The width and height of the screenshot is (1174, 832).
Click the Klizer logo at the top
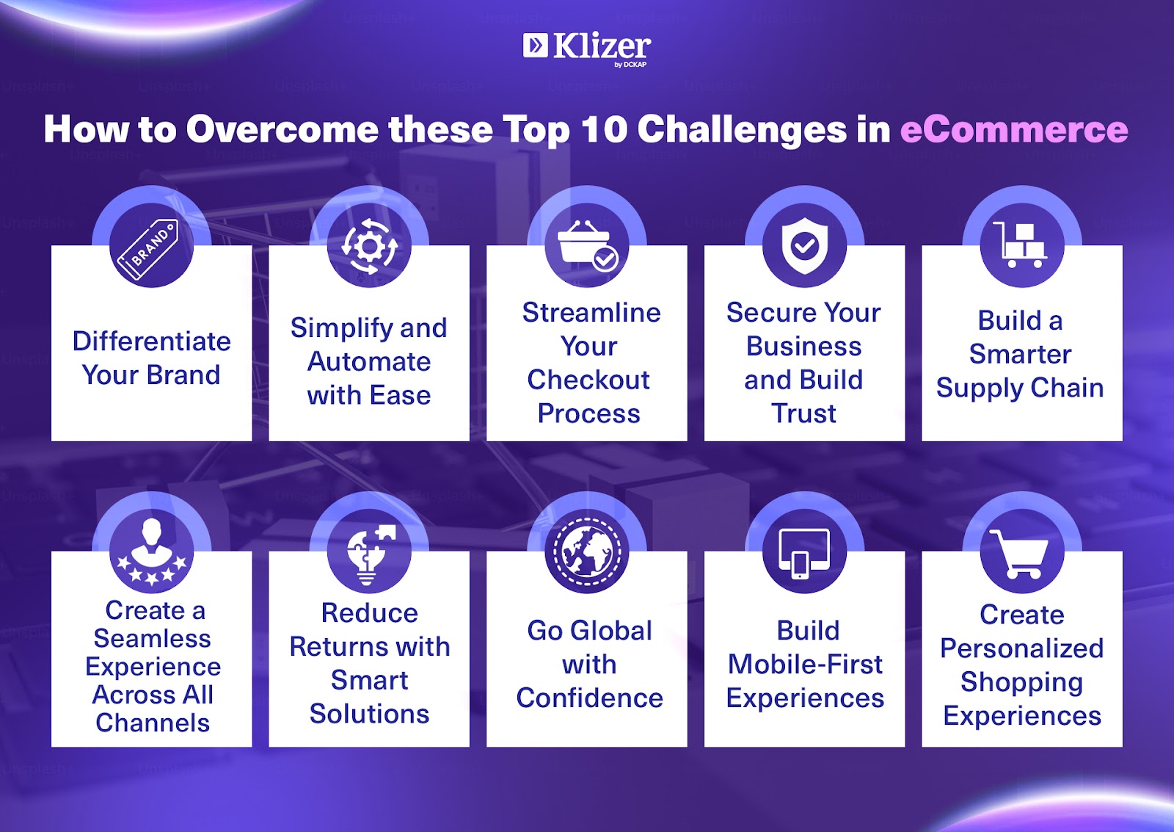point(587,49)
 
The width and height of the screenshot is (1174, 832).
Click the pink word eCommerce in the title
point(1014,129)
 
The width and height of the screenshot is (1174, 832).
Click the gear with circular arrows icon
point(369,246)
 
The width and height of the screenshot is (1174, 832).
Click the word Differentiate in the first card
point(151,341)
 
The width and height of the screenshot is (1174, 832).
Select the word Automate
point(369,361)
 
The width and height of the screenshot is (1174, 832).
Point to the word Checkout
point(588,380)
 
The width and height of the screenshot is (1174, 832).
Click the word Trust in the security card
point(803,413)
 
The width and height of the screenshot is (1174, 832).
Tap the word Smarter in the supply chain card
point(1020,354)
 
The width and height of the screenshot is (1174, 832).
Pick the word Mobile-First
point(805,664)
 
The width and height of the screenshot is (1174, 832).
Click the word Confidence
point(590,698)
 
